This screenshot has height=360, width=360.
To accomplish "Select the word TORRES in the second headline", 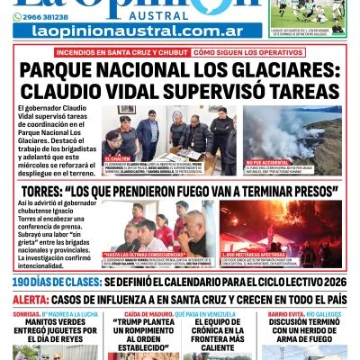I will pyautogui.click(x=49, y=191).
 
